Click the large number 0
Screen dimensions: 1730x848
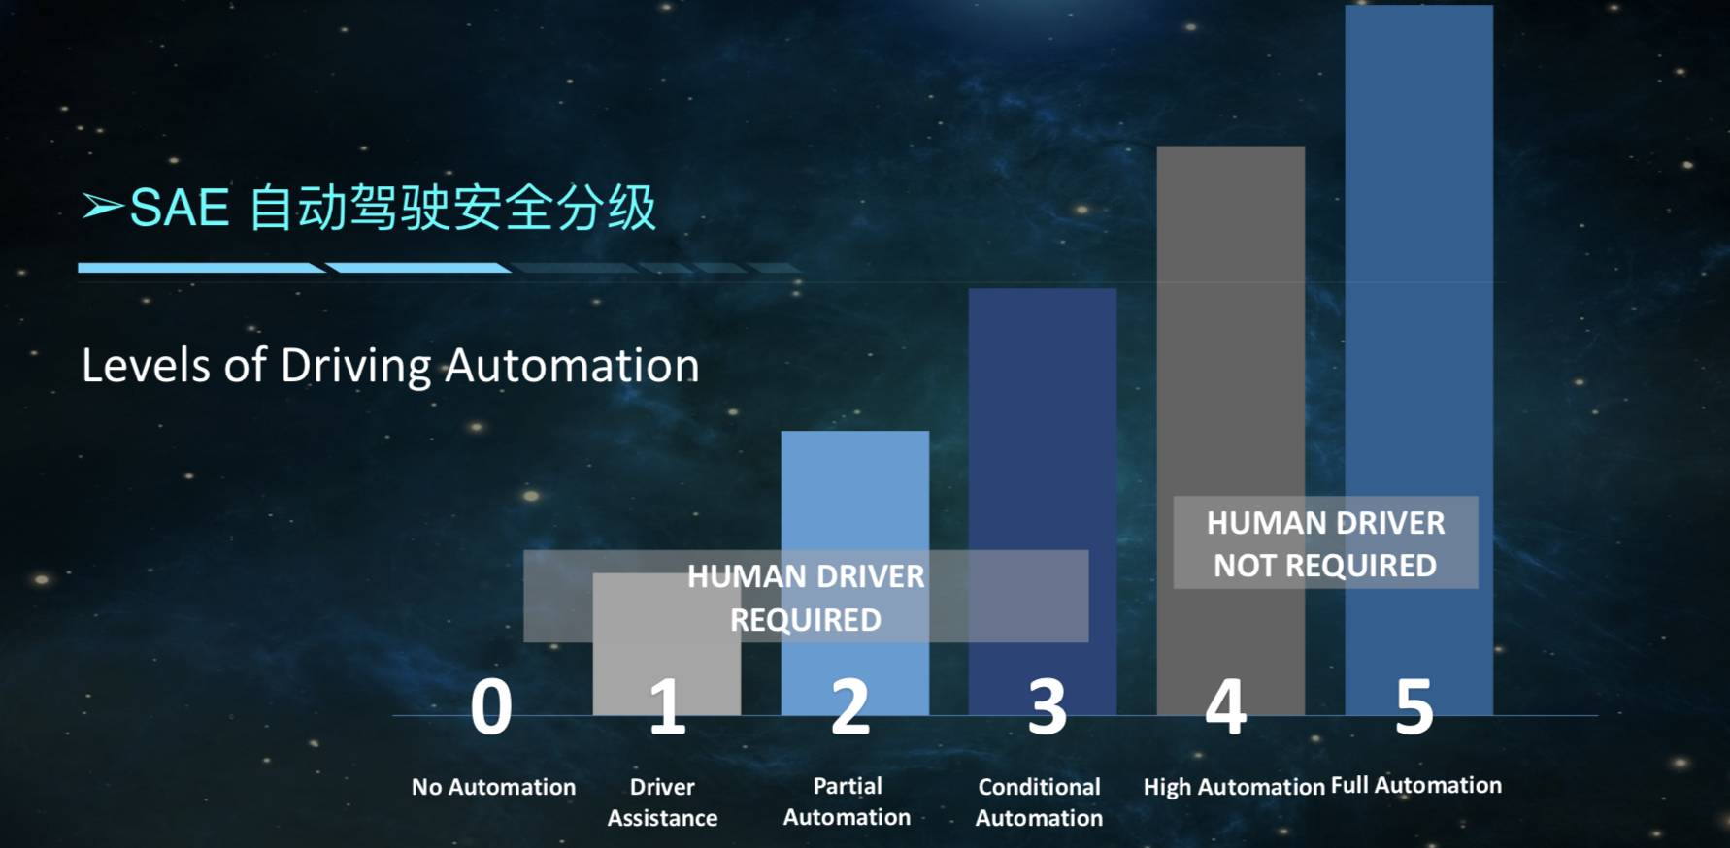[491, 706]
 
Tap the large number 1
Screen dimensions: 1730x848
[667, 706]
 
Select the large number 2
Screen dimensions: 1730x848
[850, 706]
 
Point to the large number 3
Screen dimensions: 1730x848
[1048, 706]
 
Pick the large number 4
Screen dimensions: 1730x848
[1225, 706]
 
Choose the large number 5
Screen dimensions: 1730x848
[1414, 706]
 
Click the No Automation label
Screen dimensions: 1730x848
[493, 787]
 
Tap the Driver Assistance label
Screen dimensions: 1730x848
[663, 802]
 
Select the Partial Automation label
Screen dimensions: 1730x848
[848, 801]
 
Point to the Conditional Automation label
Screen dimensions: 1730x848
[1040, 802]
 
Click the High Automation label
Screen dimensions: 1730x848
[1234, 787]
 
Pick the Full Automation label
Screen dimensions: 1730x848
[1416, 785]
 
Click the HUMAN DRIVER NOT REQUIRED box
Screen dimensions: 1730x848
[1326, 542]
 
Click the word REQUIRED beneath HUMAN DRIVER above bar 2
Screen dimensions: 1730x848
[806, 620]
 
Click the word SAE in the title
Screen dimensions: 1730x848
[180, 208]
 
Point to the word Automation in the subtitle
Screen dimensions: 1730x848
[572, 366]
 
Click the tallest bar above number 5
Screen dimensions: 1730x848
[1419, 360]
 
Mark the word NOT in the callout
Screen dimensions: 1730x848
[1246, 566]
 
